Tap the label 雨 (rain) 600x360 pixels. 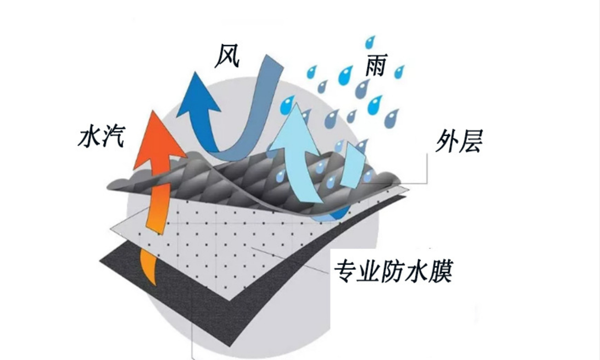[x=375, y=65]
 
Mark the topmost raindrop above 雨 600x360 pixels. [x=371, y=42]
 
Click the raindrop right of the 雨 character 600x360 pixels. [x=399, y=72]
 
